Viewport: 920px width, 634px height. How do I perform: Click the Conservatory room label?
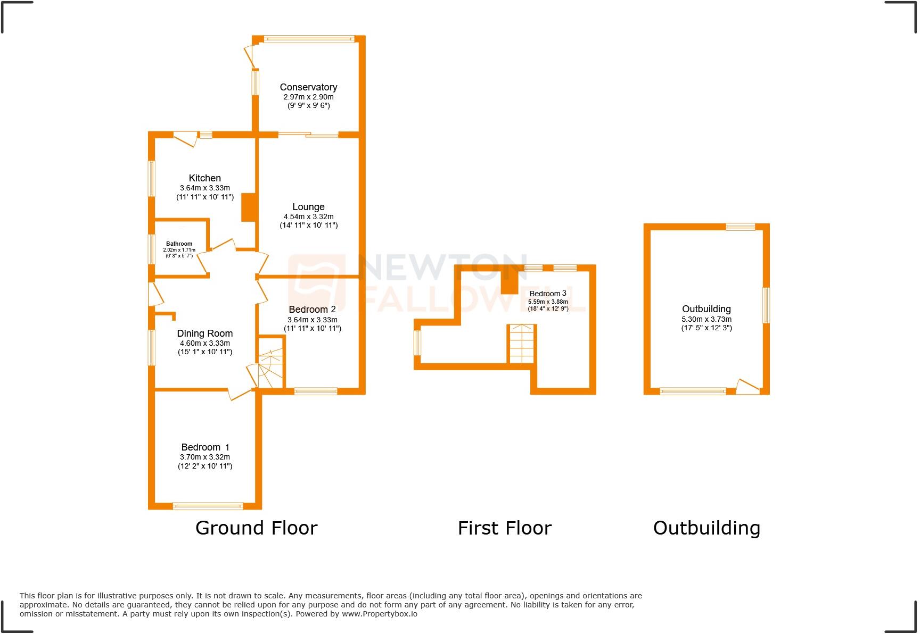click(308, 87)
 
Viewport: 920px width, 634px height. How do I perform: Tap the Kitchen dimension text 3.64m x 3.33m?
click(204, 188)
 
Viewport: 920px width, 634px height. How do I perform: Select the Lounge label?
click(308, 207)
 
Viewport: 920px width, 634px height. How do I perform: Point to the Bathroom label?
click(179, 244)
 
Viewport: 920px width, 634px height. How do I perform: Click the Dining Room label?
click(204, 333)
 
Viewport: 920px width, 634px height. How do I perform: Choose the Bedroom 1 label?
click(205, 447)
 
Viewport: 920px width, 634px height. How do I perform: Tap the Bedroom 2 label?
click(312, 310)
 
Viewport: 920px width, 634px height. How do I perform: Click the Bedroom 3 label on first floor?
click(547, 294)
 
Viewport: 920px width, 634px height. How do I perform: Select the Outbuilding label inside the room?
click(706, 309)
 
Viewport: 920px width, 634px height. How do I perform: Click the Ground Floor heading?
click(256, 528)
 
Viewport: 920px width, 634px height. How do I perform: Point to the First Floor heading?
click(504, 528)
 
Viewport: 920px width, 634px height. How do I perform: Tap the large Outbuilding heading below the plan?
click(706, 528)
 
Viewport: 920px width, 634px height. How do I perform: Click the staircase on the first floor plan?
click(521, 344)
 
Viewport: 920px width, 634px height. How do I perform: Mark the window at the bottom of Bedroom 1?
click(208, 506)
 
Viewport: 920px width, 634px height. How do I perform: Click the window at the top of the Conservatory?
click(308, 38)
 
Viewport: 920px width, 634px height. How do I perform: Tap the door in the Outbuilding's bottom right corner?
click(747, 387)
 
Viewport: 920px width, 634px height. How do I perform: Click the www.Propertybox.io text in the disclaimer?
click(379, 614)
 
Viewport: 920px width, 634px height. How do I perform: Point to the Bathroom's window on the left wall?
click(151, 249)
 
